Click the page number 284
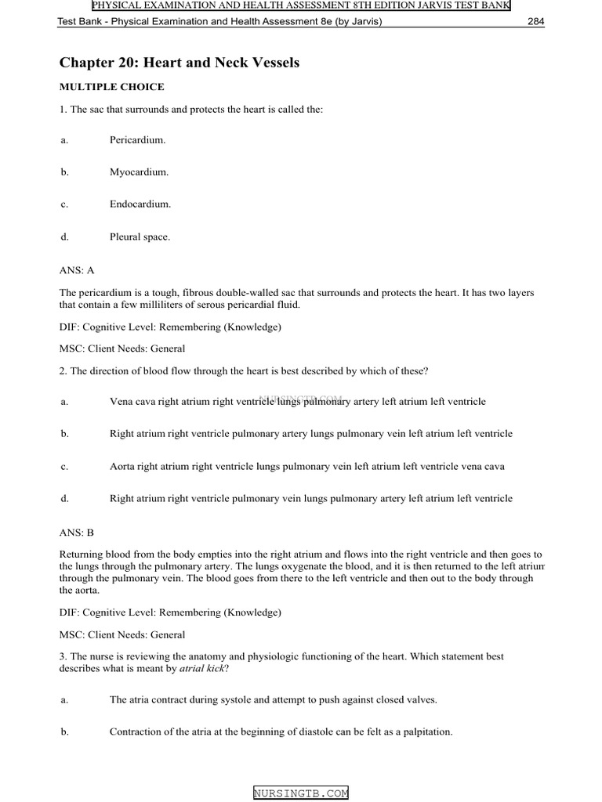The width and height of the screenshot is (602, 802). tap(535, 21)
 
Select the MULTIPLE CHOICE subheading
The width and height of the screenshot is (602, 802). tap(112, 87)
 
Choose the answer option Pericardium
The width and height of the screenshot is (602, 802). tap(137, 139)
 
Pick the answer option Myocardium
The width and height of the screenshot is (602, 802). tap(139, 172)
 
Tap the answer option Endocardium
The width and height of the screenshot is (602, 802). tap(140, 204)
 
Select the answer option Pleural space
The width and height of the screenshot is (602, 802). tap(140, 236)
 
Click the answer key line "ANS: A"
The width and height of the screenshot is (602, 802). tap(77, 270)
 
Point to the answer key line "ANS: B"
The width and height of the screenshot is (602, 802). tap(77, 532)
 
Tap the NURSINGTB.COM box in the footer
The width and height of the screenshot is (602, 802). tap(301, 793)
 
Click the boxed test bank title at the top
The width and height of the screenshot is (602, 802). tap(301, 6)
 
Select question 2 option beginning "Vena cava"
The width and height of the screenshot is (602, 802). tap(297, 402)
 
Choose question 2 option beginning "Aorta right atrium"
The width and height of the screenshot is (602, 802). tap(306, 466)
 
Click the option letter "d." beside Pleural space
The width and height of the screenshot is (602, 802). tap(63, 236)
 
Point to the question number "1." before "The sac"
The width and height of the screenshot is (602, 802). tap(63, 110)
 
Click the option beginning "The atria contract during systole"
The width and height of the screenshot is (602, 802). tap(274, 699)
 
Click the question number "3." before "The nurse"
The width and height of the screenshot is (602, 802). tap(63, 656)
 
